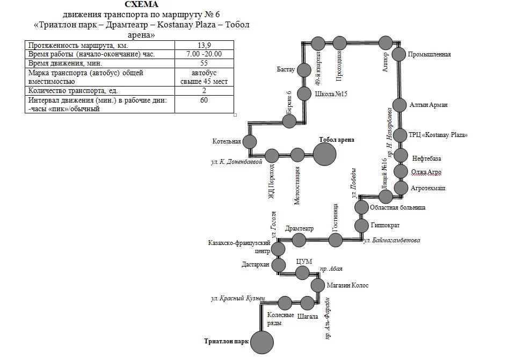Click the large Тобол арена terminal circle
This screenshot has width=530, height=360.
(324, 154)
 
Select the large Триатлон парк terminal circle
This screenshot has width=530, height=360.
(262, 342)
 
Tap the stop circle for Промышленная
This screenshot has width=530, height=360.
(398, 54)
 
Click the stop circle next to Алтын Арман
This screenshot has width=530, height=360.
(399, 105)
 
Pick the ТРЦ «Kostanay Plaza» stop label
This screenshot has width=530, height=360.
(438, 135)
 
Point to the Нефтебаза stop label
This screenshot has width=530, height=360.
(426, 159)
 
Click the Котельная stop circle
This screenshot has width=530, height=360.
(250, 142)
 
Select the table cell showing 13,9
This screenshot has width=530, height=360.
(204, 45)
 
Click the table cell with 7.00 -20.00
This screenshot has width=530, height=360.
(204, 54)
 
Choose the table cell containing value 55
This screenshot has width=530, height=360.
(204, 63)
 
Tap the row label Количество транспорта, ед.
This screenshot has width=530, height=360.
(73, 91)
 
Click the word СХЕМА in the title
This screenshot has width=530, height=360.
(141, 4)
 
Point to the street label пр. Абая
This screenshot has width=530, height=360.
(331, 269)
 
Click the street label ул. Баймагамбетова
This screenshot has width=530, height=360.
(392, 240)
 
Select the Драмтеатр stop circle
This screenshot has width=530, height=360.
(299, 240)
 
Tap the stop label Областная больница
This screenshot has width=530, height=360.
(397, 207)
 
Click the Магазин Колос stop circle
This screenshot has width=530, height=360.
(317, 285)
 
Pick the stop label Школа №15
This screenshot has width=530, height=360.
(331, 94)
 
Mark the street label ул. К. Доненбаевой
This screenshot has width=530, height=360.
(237, 162)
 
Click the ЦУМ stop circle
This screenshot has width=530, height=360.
(302, 273)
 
